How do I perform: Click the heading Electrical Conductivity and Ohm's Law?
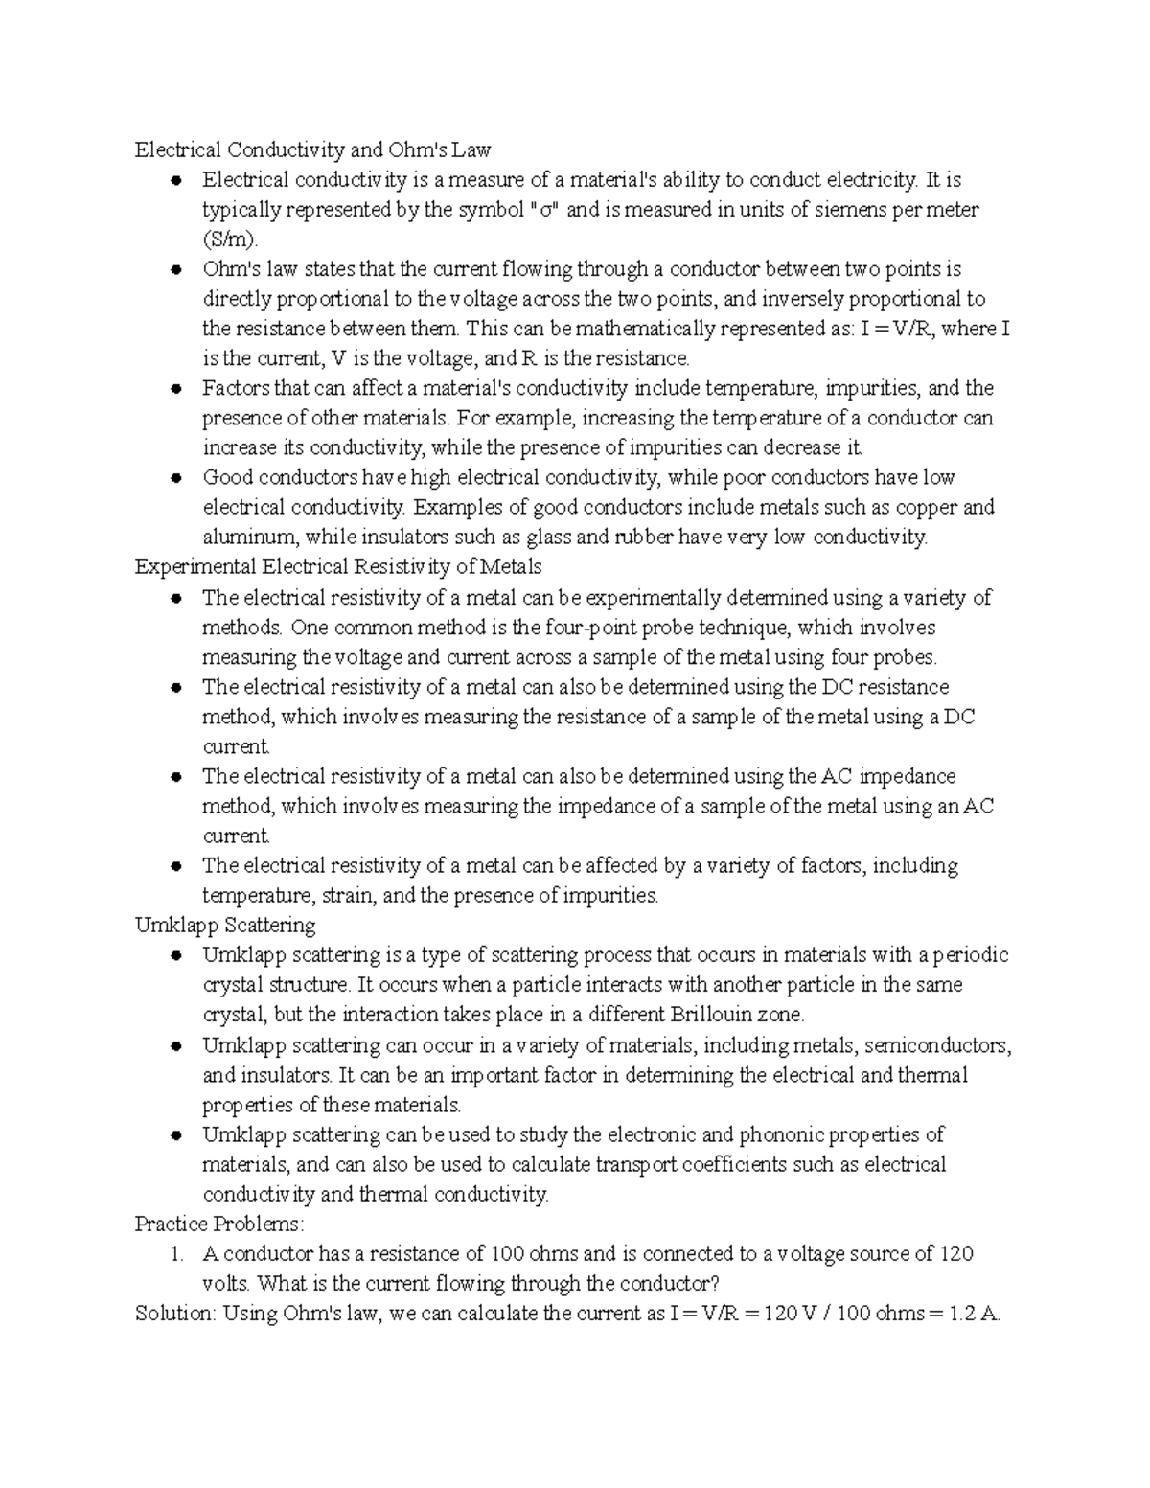coord(312,149)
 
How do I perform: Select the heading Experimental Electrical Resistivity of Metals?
coord(338,566)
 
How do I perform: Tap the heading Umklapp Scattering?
coord(225,925)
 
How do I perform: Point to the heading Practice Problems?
coord(219,1224)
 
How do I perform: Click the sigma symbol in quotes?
coord(544,210)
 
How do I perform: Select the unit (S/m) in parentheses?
coord(230,240)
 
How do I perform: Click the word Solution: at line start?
coord(176,1314)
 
